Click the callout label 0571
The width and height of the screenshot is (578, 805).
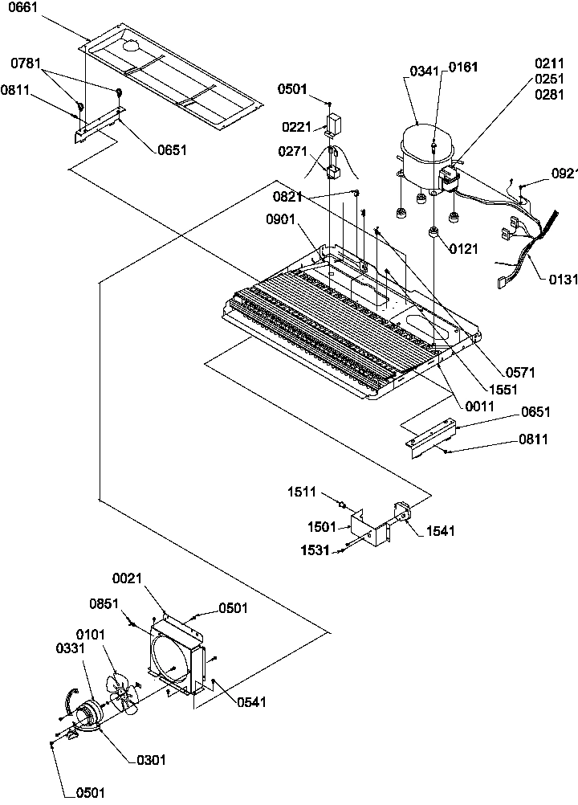point(520,372)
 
